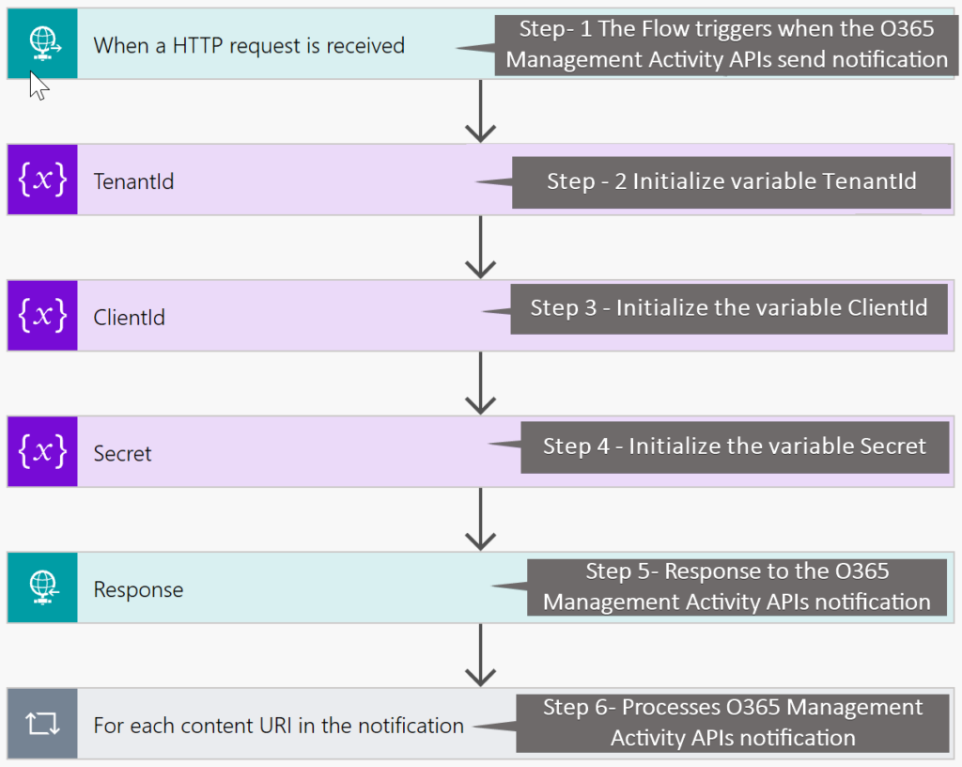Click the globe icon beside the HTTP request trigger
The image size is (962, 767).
coord(42,43)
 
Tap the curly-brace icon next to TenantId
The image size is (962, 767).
coord(42,180)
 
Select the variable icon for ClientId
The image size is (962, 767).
coord(42,317)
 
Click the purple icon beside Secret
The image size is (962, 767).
coord(42,452)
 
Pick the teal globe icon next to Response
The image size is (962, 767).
coord(42,588)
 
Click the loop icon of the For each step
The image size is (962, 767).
coord(42,725)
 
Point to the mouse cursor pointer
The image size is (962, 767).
coord(38,85)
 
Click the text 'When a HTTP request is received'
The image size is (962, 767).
coord(249,45)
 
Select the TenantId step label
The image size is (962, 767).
coord(133,181)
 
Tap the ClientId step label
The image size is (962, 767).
coord(129,318)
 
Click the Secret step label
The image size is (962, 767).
coord(122,453)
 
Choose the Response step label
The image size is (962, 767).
coord(138,589)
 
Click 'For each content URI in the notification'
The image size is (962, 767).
coord(278,726)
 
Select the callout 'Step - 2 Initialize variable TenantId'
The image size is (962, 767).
coord(731,181)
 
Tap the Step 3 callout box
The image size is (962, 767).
coord(728,307)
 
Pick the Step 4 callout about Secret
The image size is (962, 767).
coord(734,446)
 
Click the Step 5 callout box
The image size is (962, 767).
coord(737,587)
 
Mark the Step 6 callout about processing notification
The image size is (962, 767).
coord(733,723)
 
